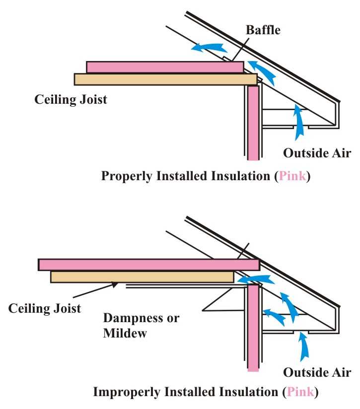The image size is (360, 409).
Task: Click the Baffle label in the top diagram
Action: [x=263, y=30]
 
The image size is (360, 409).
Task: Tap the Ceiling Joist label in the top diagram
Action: [x=71, y=99]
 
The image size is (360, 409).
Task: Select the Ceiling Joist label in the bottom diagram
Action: [x=45, y=308]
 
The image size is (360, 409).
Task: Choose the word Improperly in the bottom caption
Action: [x=126, y=392]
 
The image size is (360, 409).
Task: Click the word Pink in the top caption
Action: [x=292, y=176]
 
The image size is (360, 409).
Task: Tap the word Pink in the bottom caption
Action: [x=299, y=392]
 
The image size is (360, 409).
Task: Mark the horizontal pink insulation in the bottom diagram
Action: [x=149, y=265]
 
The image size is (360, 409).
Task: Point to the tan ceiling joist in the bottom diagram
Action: [x=142, y=276]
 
